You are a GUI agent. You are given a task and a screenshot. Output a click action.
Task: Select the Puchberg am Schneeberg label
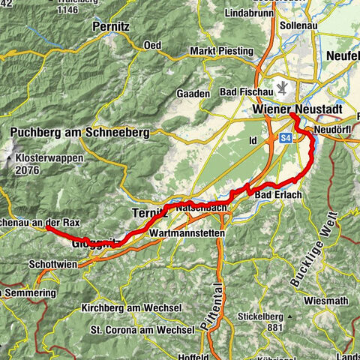79,133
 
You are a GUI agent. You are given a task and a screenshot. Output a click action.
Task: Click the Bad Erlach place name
277,196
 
